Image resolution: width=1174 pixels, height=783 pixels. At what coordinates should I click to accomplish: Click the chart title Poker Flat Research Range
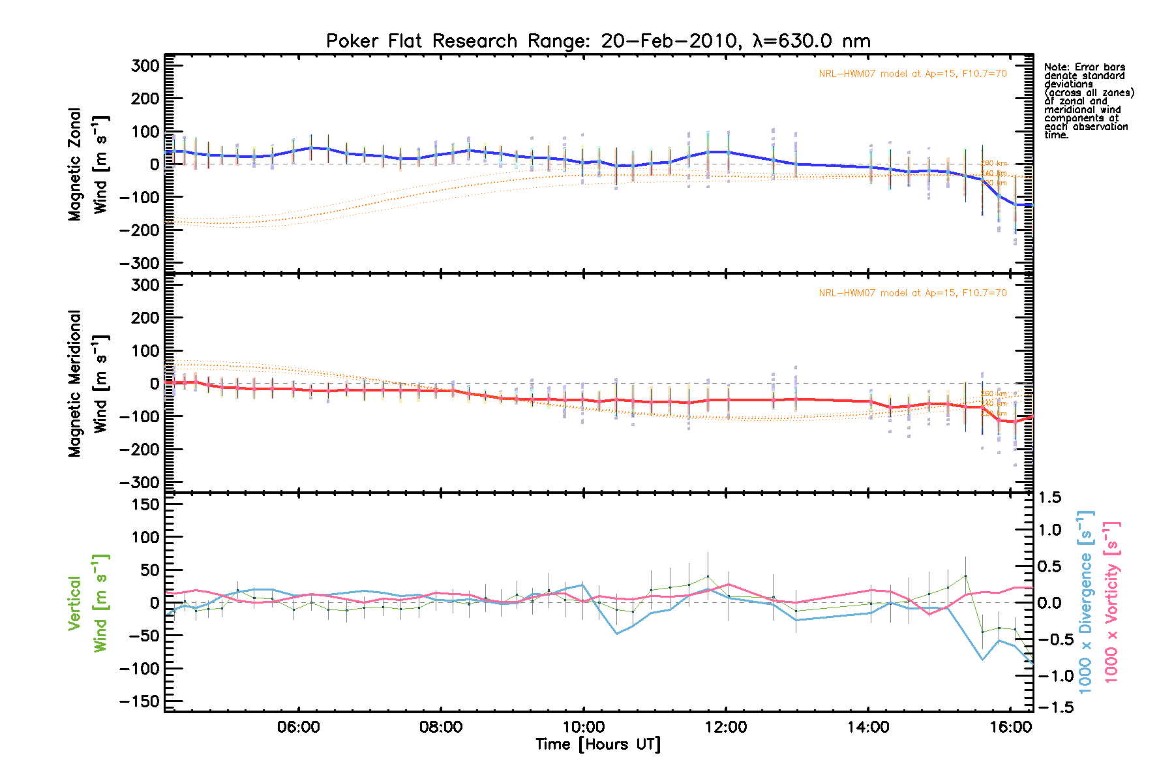(x=597, y=41)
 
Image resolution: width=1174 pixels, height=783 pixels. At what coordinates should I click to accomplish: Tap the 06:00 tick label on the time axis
(x=298, y=727)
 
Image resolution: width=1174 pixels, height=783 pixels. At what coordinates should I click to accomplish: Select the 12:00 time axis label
(x=726, y=727)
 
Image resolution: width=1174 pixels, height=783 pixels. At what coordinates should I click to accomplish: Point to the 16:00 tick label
(x=1010, y=727)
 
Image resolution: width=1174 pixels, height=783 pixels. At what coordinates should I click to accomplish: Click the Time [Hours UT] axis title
(x=597, y=745)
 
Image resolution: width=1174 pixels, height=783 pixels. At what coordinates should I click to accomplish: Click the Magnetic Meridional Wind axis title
(x=87, y=384)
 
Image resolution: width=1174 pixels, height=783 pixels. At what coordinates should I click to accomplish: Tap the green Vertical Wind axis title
(x=87, y=603)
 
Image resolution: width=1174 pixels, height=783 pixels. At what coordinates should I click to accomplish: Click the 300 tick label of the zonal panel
(x=145, y=66)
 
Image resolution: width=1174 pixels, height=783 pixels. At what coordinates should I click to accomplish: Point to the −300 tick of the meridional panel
(x=140, y=482)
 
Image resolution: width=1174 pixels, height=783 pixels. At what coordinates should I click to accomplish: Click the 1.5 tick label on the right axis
(x=1049, y=498)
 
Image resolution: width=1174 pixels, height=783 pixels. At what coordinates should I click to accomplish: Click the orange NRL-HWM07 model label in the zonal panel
(x=912, y=74)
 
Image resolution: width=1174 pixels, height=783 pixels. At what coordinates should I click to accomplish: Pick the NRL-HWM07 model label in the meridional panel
(x=912, y=293)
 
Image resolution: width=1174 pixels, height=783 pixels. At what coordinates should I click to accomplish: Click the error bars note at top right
(x=1088, y=101)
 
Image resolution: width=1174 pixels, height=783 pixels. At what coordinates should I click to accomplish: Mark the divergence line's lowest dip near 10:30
(x=617, y=634)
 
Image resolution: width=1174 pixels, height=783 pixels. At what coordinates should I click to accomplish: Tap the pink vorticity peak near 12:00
(x=729, y=585)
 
